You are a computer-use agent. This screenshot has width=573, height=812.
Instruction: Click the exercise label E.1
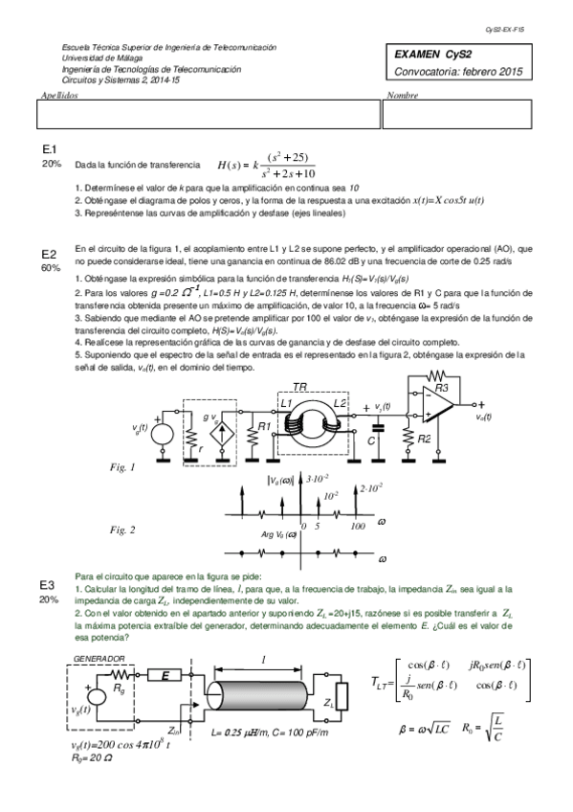click(x=50, y=150)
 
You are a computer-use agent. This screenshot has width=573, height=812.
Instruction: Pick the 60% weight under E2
click(x=50, y=268)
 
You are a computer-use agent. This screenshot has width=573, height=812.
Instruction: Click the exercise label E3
click(x=49, y=584)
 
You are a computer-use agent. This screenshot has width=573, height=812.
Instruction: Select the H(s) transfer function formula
click(x=266, y=165)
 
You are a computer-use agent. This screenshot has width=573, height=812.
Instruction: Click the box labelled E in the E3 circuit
click(x=165, y=676)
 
